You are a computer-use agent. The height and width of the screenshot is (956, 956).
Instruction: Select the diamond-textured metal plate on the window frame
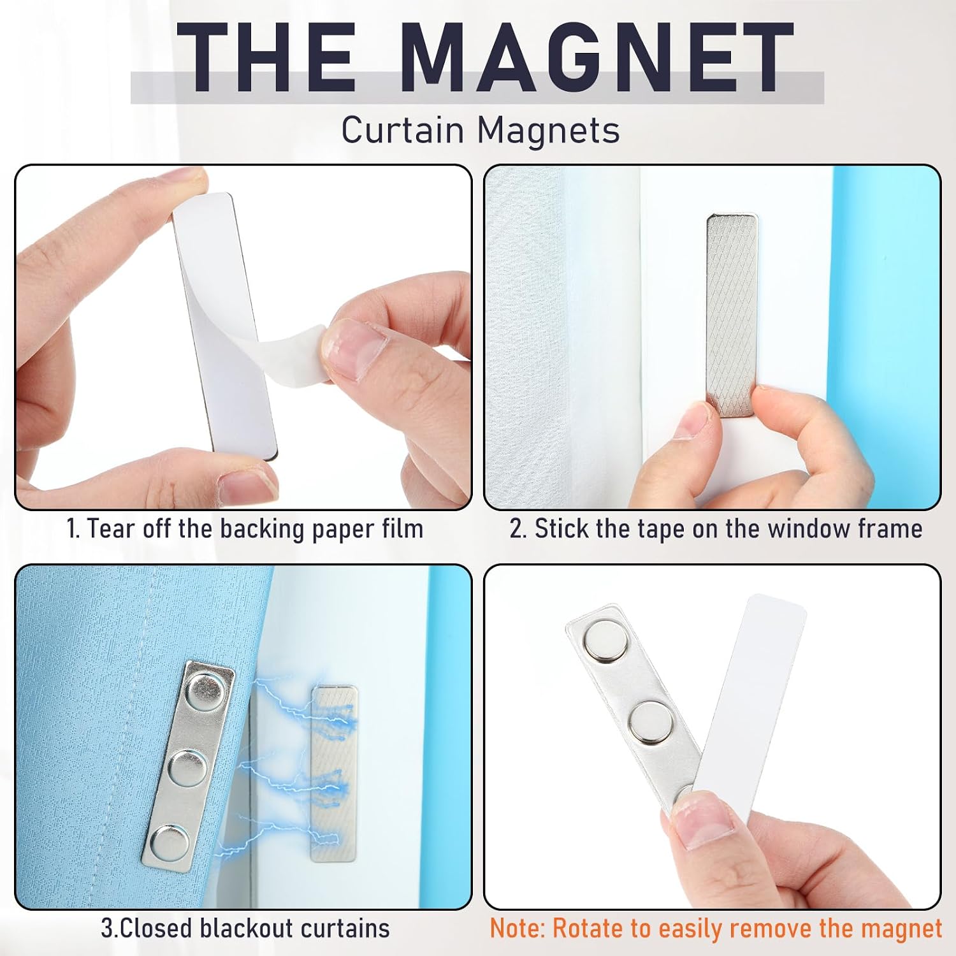732,315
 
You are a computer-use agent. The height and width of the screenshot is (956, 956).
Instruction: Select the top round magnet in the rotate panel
605,641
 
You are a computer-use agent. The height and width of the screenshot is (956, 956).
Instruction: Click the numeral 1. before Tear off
74,528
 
